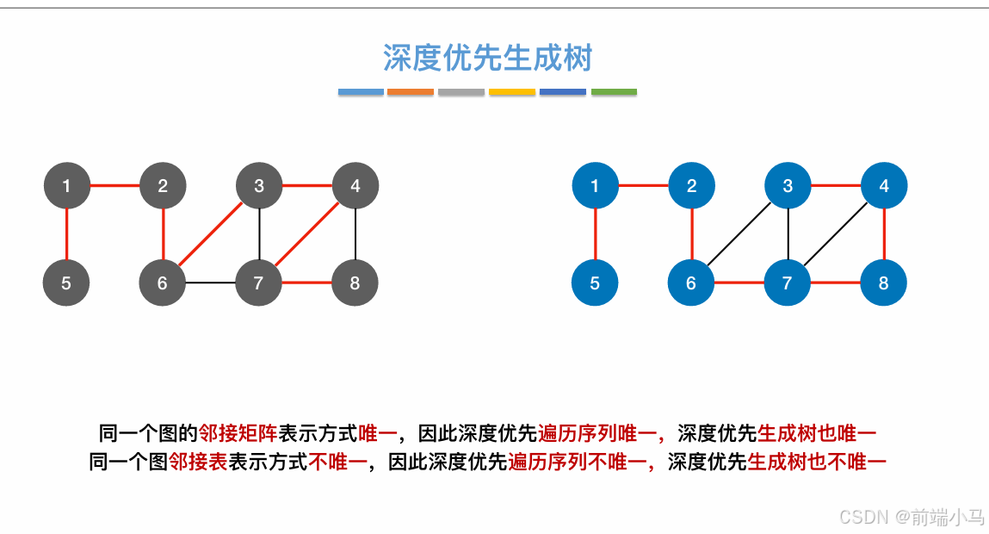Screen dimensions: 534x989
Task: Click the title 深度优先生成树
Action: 488,59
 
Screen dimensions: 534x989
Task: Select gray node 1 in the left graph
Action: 66,185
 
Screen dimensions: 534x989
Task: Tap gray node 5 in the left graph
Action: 66,283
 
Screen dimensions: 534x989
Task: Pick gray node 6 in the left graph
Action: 163,283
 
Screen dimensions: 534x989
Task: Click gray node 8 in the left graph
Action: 355,283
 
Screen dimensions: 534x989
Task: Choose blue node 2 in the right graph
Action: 691,185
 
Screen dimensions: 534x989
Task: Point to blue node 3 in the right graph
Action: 788,185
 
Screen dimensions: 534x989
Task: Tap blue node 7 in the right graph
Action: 788,283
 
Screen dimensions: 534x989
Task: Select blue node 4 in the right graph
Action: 884,185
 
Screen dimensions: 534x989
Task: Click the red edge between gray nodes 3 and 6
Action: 211,233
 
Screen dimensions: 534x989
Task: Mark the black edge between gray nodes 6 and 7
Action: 211,283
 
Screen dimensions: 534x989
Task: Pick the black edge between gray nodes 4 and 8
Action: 355,233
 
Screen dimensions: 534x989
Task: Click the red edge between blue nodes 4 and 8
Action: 884,233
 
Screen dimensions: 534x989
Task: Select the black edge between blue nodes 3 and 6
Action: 739,233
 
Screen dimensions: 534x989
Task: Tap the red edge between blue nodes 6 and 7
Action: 739,283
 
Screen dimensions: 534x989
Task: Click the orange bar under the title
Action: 411,91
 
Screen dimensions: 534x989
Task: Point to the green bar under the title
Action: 614,91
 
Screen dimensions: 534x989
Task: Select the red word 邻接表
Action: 197,463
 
